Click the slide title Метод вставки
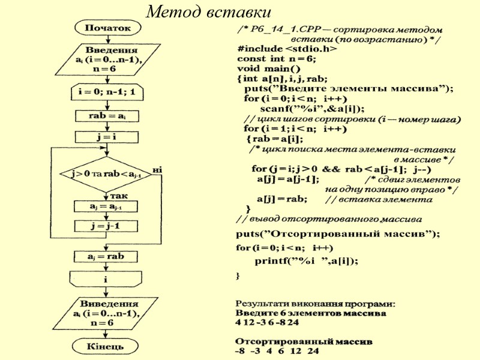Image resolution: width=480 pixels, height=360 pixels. [209, 11]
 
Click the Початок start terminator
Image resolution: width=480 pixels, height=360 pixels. [107, 28]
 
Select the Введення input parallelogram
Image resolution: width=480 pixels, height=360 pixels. [107, 59]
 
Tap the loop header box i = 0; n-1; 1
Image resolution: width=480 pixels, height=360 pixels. [107, 92]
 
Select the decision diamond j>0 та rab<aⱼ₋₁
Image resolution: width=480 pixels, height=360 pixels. [107, 174]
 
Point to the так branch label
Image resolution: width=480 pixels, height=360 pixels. [118, 196]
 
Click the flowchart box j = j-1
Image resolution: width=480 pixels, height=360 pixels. [107, 226]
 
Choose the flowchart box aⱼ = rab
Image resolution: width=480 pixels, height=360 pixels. [107, 256]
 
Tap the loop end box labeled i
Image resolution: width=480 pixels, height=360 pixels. [107, 279]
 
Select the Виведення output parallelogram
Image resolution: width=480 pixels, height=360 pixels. [107, 313]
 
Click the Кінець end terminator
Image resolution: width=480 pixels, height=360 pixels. [107, 346]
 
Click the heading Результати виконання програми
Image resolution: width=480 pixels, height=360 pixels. [315, 304]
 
